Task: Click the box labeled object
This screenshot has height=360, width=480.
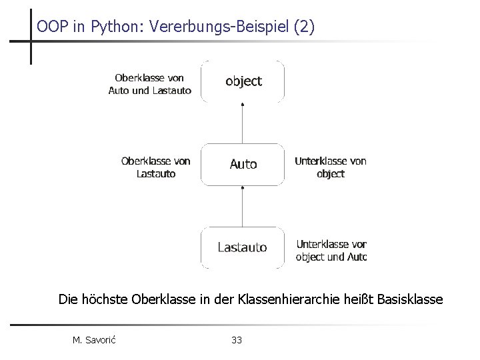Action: [243, 81]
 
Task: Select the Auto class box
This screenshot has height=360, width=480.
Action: [243, 164]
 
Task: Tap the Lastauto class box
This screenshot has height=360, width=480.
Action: [243, 247]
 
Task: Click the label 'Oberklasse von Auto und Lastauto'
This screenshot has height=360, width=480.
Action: [149, 85]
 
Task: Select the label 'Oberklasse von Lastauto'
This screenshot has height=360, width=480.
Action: [155, 167]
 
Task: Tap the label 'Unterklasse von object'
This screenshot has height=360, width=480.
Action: [330, 167]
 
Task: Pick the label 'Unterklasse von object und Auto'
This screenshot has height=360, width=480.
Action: [331, 251]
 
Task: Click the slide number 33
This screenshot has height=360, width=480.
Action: [237, 341]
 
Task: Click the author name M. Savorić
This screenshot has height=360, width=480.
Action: [94, 341]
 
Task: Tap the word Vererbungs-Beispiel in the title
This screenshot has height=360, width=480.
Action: [211, 27]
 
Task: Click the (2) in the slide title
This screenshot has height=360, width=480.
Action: [304, 27]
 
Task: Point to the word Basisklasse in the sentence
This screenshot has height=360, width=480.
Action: [409, 299]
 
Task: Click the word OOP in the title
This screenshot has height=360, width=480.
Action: [51, 27]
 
